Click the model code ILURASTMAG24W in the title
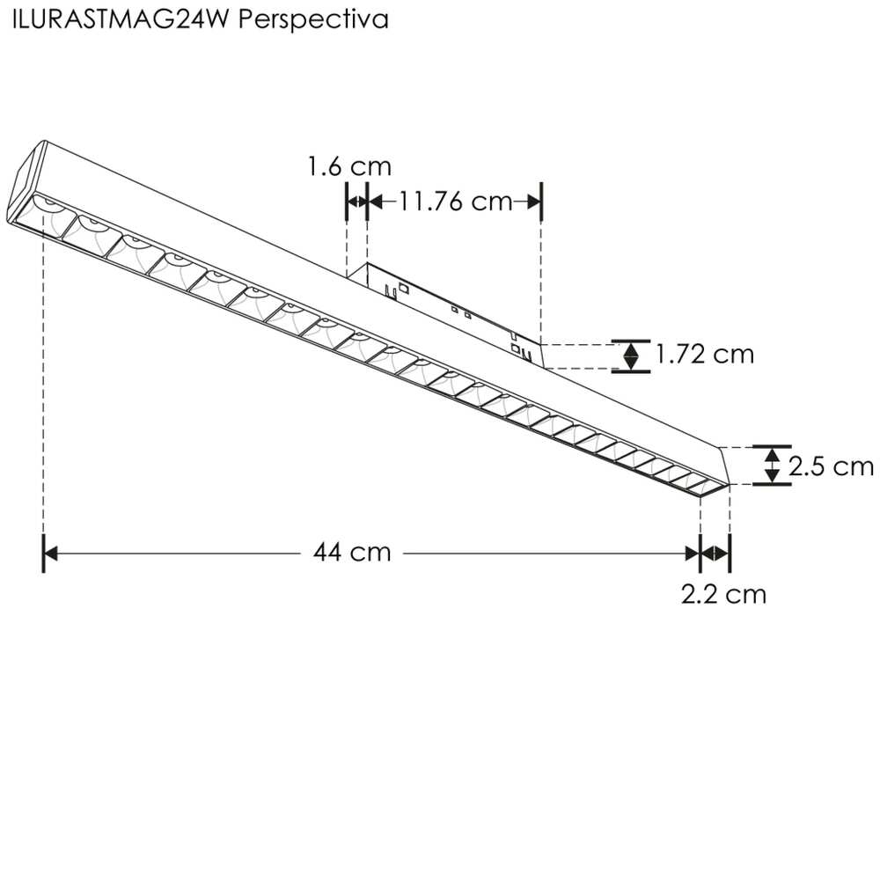(x=122, y=20)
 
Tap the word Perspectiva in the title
(x=314, y=20)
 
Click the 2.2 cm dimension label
(x=723, y=595)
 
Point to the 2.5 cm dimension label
(x=831, y=466)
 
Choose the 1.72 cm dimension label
(x=705, y=354)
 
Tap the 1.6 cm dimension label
(x=348, y=166)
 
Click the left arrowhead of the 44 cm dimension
(x=50, y=553)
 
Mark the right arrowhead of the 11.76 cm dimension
(x=533, y=202)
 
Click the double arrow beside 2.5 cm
(x=772, y=465)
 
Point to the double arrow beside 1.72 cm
(x=631, y=355)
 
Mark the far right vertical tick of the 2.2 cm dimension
(x=730, y=553)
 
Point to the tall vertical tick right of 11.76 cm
(x=541, y=202)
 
